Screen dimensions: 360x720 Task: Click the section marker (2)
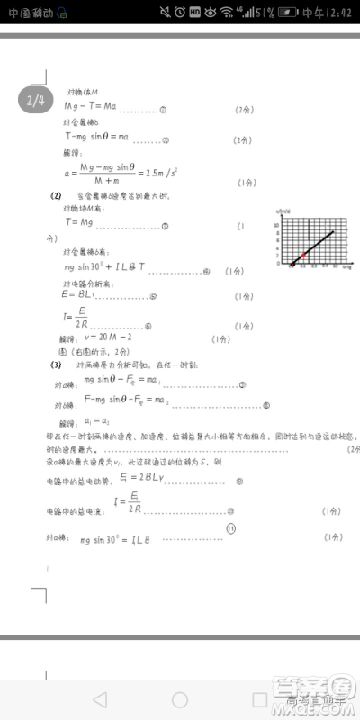point(56,195)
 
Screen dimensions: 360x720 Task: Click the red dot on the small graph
point(303,256)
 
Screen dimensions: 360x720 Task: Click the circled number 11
point(230,528)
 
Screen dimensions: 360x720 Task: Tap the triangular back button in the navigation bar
point(100,698)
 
